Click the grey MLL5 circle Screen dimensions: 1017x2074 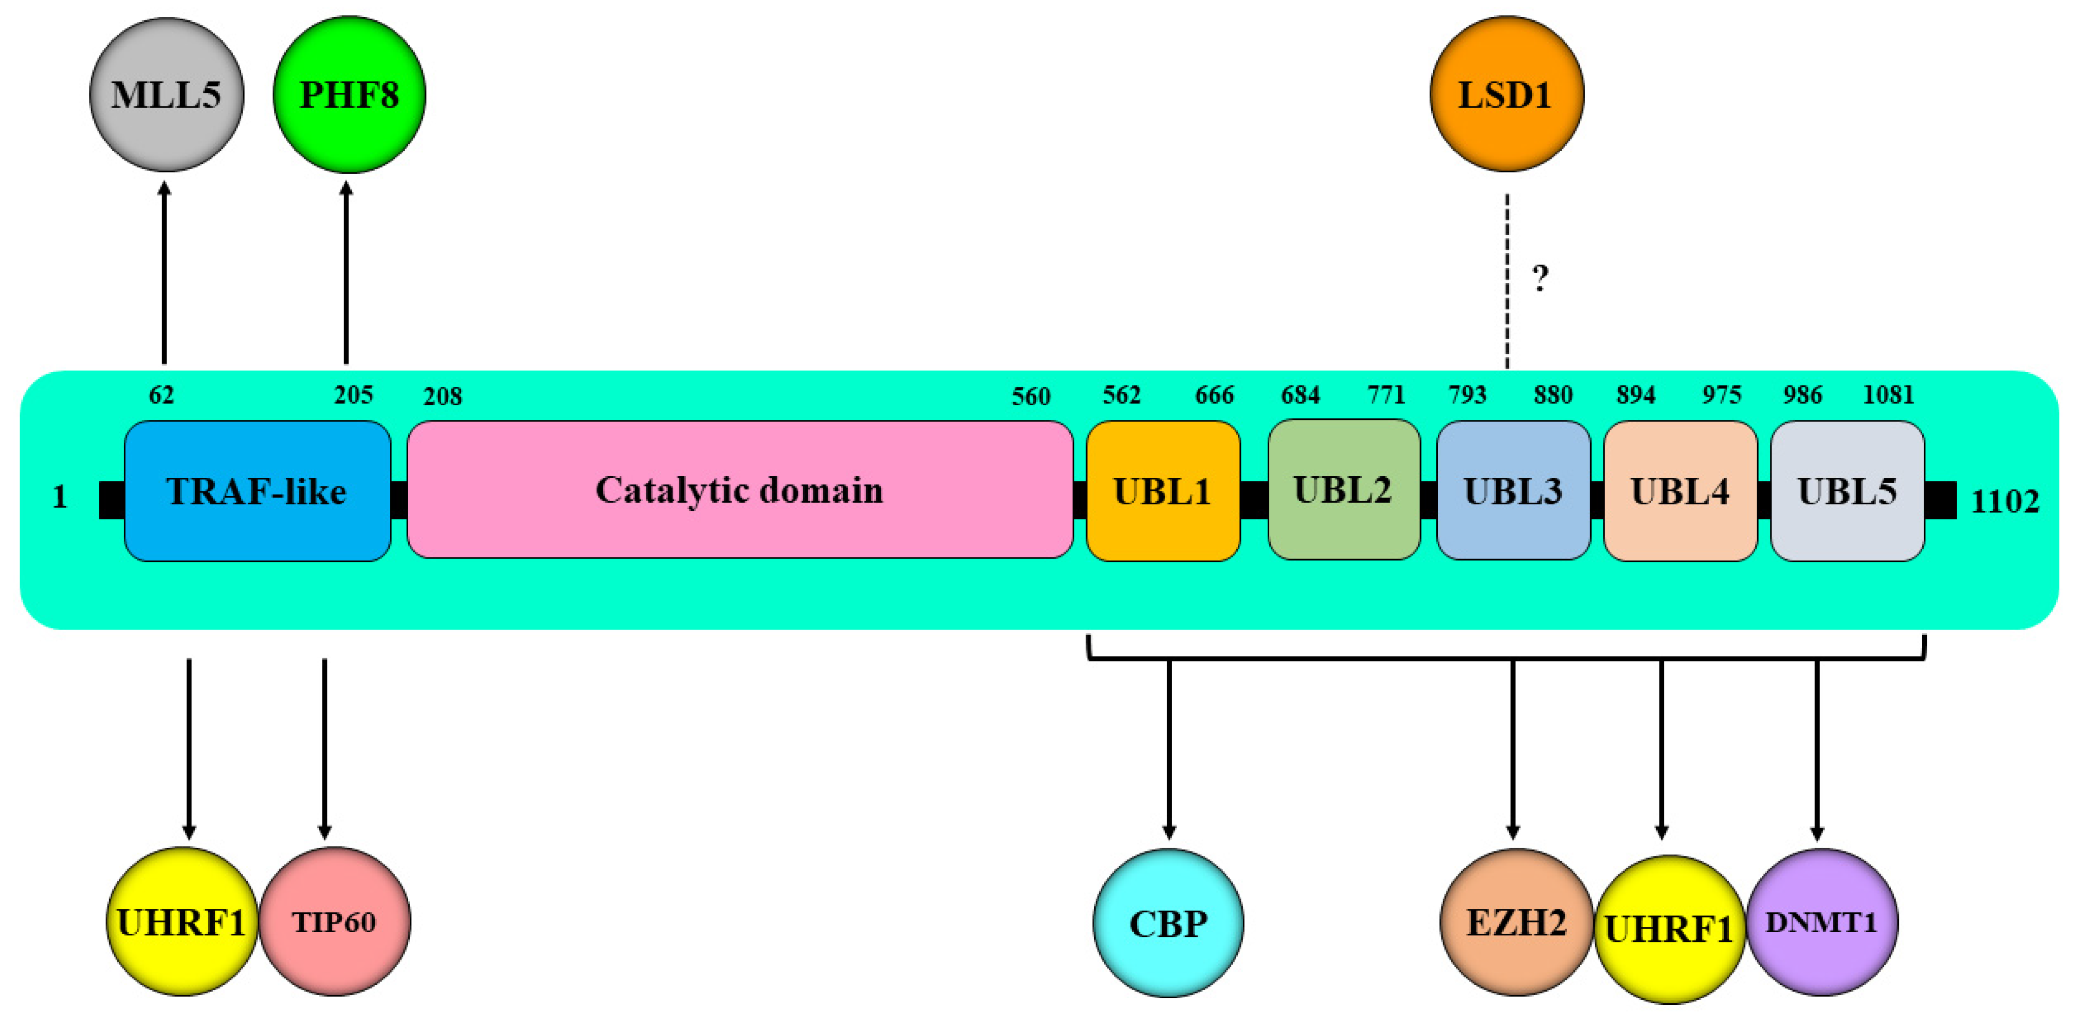[x=166, y=94]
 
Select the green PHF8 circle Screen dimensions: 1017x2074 [x=349, y=94]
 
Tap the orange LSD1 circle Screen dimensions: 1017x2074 [x=1506, y=94]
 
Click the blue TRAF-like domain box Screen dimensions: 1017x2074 [x=257, y=490]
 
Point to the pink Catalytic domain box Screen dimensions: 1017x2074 [x=739, y=489]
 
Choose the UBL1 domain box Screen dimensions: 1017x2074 [x=1163, y=490]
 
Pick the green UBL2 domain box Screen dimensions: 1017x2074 [x=1343, y=489]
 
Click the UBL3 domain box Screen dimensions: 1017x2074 [x=1513, y=490]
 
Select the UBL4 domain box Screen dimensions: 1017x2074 [x=1680, y=490]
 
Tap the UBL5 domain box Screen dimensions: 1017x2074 [x=1847, y=490]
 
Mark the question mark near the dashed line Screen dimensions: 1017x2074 [x=1539, y=278]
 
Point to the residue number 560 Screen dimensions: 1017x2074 [x=1031, y=396]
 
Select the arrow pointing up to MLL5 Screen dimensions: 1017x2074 [x=164, y=274]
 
